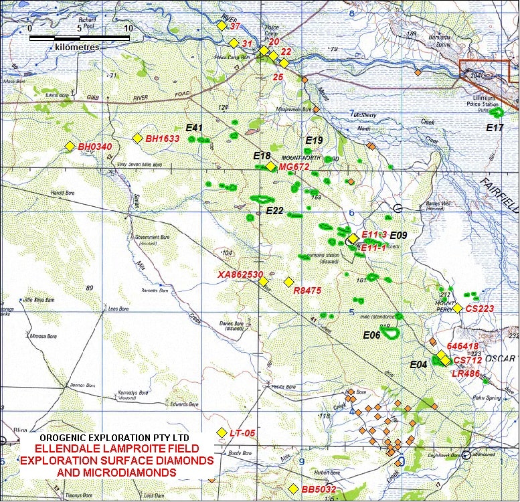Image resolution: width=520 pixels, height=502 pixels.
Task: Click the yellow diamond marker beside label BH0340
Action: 70,146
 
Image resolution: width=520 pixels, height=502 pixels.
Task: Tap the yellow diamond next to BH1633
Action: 137,139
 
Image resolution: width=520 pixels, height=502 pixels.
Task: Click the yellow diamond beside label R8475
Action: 289,282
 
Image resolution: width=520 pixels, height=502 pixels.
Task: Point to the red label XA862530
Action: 240,274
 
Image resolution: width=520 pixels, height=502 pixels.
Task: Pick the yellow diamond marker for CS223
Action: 457,309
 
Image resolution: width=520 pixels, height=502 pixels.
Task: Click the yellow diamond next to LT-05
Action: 222,432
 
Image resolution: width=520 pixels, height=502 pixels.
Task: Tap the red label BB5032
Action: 319,490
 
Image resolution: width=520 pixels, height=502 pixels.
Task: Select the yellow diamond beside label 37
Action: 222,25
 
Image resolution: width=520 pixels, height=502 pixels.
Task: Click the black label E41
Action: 194,127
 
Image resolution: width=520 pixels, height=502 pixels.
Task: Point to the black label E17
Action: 495,127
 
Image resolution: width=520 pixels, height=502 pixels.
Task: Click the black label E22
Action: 275,211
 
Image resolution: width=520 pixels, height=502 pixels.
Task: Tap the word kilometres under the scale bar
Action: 77,48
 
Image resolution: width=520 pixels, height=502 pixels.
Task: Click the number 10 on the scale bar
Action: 128,29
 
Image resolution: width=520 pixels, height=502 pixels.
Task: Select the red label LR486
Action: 466,373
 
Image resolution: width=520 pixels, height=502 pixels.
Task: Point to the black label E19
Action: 315,141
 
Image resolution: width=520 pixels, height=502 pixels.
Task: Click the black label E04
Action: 418,365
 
